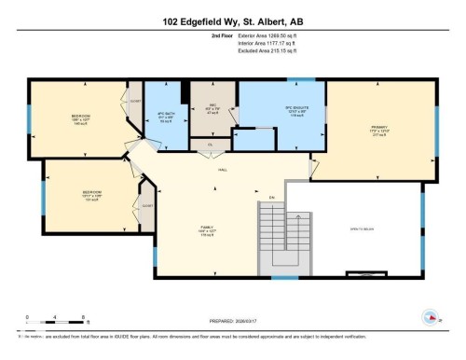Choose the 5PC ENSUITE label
tap(270, 109)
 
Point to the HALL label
tap(224, 170)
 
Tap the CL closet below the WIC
tap(212, 145)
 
